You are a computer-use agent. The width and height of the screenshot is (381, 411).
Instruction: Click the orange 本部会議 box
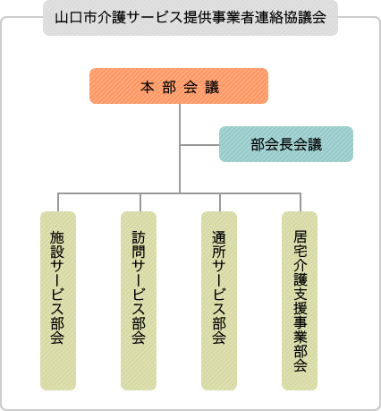pyautogui.click(x=179, y=86)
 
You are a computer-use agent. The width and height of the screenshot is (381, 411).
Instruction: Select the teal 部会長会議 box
pyautogui.click(x=286, y=144)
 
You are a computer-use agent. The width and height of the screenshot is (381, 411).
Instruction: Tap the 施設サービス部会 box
pyautogui.click(x=58, y=300)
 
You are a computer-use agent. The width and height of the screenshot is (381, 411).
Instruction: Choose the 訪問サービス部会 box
pyautogui.click(x=139, y=300)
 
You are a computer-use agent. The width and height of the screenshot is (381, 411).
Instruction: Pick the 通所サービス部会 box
pyautogui.click(x=219, y=300)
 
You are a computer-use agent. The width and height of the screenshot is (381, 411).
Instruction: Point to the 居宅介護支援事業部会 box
pyautogui.click(x=300, y=300)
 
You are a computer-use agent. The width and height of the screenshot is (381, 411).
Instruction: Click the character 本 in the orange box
pyautogui.click(x=147, y=87)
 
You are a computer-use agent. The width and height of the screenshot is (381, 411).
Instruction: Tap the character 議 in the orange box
pyautogui.click(x=211, y=87)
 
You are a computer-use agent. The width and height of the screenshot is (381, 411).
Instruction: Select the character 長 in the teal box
pyautogui.click(x=286, y=144)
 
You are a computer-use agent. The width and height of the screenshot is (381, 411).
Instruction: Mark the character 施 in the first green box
pyautogui.click(x=58, y=237)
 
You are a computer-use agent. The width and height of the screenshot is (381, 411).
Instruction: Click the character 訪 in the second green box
pyautogui.click(x=139, y=237)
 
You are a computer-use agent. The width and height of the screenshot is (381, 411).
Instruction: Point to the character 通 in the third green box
pyautogui.click(x=219, y=237)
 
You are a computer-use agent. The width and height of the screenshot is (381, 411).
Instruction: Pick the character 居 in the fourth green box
pyautogui.click(x=300, y=236)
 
